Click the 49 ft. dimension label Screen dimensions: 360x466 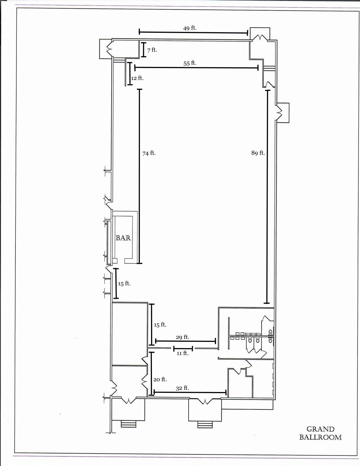tap(190, 28)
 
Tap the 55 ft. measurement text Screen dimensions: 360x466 tap(190, 63)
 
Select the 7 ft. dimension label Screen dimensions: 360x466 tap(152, 50)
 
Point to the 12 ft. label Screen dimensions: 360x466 tap(137, 78)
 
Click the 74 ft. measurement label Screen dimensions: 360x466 tap(149, 153)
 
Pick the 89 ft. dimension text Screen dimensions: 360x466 tap(258, 153)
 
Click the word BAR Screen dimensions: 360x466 tap(123, 238)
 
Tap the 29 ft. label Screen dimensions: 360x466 tap(182, 337)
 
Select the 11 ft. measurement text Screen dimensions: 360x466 tap(182, 353)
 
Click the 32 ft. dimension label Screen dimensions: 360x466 tap(182, 388)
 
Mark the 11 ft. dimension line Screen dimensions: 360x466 tap(183, 349)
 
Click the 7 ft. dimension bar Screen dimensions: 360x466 tap(144, 49)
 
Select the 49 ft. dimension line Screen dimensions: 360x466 tap(193, 32)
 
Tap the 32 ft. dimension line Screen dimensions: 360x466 tap(190, 393)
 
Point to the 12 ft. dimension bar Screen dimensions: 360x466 tap(130, 73)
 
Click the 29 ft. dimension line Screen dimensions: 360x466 tap(186, 341)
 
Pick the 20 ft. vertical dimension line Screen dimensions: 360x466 tap(152, 373)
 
